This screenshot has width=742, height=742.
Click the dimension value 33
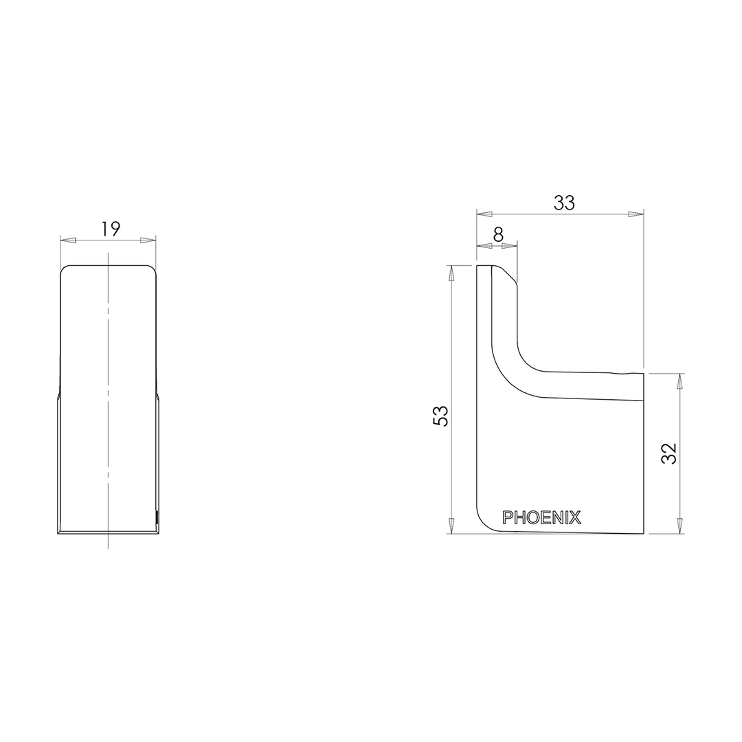tap(564, 203)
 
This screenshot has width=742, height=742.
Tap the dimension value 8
tap(498, 234)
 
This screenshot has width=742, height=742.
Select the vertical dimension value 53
tap(441, 416)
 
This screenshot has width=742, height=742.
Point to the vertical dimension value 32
tap(669, 453)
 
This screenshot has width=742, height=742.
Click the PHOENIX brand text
tap(542, 517)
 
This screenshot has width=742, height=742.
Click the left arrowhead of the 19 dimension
tap(68, 240)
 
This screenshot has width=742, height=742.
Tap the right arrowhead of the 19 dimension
tap(148, 240)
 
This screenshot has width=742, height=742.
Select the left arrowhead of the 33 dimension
tap(484, 214)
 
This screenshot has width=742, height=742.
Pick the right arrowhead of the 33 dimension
tap(636, 214)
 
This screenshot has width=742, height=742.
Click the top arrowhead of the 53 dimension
tap(451, 273)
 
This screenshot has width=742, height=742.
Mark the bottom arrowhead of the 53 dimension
tap(451, 526)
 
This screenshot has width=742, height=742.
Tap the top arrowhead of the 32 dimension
tap(680, 381)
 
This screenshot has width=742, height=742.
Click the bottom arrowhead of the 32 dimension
tap(680, 526)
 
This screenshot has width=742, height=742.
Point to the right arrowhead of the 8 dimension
tap(510, 245)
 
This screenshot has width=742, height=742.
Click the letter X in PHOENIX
tap(576, 517)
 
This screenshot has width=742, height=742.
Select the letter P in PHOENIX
tap(508, 517)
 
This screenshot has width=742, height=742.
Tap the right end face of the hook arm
tap(643, 386)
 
